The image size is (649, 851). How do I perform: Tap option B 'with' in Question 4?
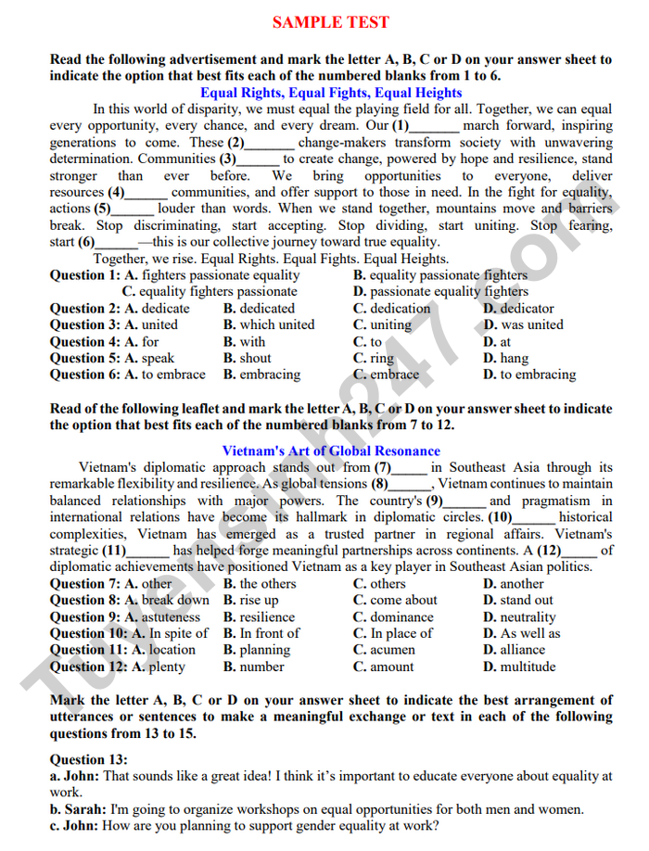tap(244, 342)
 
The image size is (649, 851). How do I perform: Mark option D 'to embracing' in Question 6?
tap(529, 375)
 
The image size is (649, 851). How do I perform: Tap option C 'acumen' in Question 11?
tap(384, 651)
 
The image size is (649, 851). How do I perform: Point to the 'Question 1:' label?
tap(84, 275)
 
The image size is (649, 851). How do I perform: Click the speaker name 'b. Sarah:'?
tap(78, 809)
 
